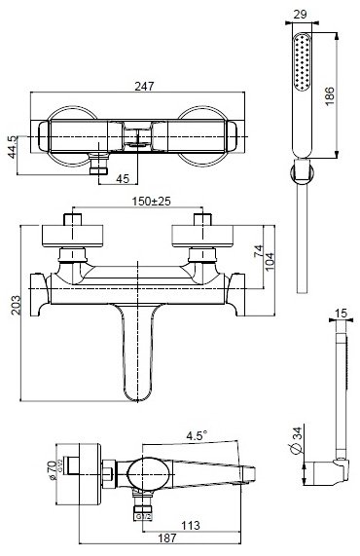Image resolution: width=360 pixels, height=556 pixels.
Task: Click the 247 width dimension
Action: click(144, 86)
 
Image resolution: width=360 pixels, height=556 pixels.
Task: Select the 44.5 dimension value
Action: click(12, 147)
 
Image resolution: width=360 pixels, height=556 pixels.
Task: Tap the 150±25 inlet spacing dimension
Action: click(152, 201)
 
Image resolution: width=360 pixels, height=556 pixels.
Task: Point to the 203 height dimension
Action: click(16, 305)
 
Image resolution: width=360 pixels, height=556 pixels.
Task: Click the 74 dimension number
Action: click(259, 251)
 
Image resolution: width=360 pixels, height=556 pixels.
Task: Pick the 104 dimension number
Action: click(270, 261)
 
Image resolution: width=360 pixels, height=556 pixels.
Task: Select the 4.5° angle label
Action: click(197, 435)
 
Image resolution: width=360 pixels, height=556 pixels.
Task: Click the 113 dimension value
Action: click(191, 525)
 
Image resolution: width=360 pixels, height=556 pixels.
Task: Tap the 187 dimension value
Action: click(166, 537)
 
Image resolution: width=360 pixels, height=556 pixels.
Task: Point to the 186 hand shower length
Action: click(329, 95)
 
